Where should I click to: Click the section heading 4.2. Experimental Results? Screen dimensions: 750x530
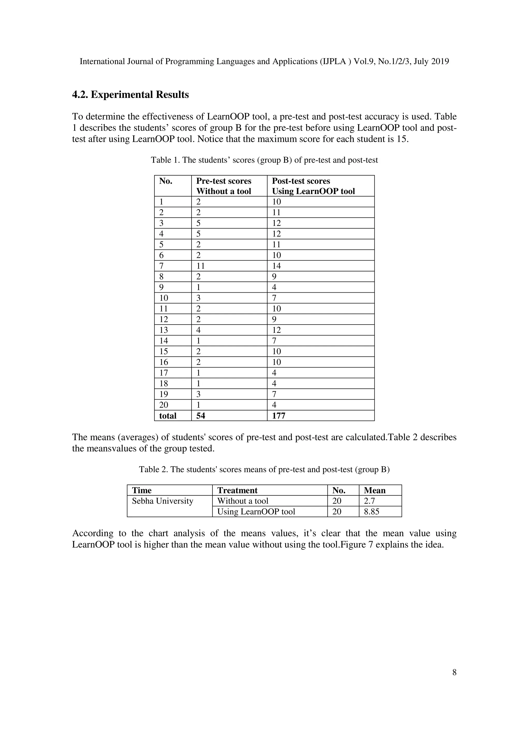pyautogui.click(x=130, y=95)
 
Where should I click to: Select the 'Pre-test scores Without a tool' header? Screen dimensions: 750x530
pyautogui.click(x=224, y=186)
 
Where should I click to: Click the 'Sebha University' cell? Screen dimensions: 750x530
pyautogui.click(x=162, y=501)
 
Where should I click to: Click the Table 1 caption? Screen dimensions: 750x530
pyautogui.click(x=264, y=160)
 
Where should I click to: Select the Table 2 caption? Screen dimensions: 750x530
pyautogui.click(x=264, y=470)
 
